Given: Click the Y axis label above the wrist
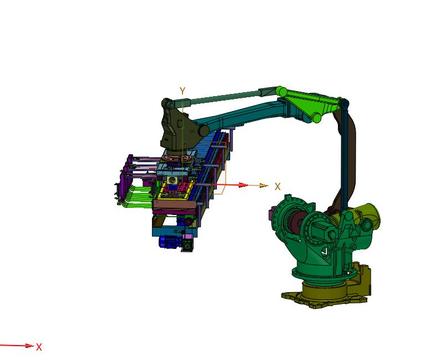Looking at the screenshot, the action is click(x=182, y=91).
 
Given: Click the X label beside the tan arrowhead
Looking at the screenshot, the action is click(x=277, y=187).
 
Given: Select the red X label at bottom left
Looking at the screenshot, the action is click(x=39, y=347).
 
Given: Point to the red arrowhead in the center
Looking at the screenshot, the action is click(x=242, y=185).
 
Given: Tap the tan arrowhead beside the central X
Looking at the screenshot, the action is click(x=263, y=185).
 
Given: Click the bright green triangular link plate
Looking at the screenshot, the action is click(x=308, y=103).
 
